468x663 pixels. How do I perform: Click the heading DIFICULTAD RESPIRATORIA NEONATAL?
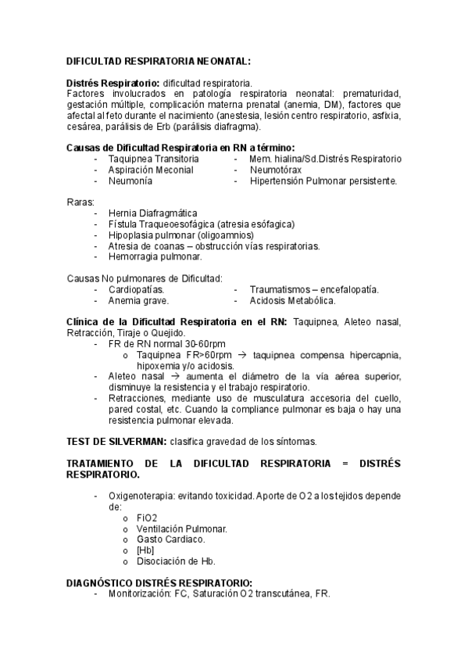point(158,59)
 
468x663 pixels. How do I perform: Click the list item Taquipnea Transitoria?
point(153,159)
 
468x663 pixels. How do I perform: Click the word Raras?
point(80,202)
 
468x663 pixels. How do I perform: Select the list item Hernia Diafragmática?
point(153,213)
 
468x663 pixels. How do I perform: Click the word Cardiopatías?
point(136,289)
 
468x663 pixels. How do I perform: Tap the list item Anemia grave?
point(138,300)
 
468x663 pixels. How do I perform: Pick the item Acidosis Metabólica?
point(293,300)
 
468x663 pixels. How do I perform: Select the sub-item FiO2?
point(147,518)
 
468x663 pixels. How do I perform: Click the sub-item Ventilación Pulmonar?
point(181,529)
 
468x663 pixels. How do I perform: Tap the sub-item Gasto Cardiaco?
point(170,539)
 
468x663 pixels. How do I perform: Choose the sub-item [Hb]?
point(145,550)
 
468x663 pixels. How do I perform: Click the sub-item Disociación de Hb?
point(176,561)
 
